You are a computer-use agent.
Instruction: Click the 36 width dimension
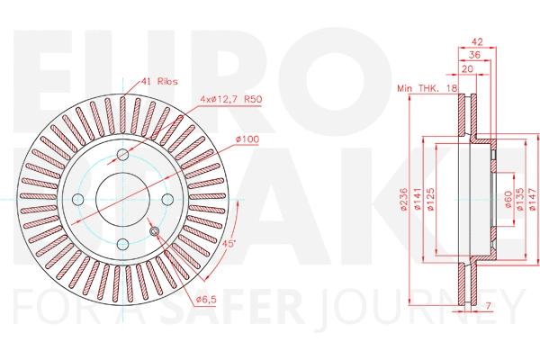(474, 55)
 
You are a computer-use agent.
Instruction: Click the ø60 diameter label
(508, 199)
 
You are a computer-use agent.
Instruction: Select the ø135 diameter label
(520, 199)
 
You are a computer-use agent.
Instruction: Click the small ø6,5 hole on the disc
(154, 232)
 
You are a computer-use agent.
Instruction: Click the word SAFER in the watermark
(247, 308)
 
